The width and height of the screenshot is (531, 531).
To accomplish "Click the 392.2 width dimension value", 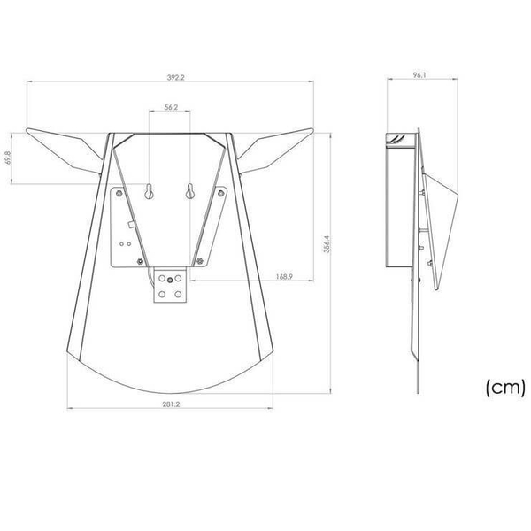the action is pos(176,77).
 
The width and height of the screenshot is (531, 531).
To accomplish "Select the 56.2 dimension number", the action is pos(171,107).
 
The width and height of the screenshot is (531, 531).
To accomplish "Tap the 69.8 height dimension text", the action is pos(8,158).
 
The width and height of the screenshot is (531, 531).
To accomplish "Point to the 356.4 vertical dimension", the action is pos(327,244).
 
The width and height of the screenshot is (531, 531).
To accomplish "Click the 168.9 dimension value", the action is pos(284,277).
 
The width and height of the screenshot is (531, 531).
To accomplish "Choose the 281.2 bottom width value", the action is pos(171,404).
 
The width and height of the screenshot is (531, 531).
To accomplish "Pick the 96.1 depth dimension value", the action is pos(419,75).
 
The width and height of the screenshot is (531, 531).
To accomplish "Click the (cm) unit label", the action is pos(505,387).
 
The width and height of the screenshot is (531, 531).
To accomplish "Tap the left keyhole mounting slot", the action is pos(149,191).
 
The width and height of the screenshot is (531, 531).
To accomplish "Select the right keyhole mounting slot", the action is pos(190,191).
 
